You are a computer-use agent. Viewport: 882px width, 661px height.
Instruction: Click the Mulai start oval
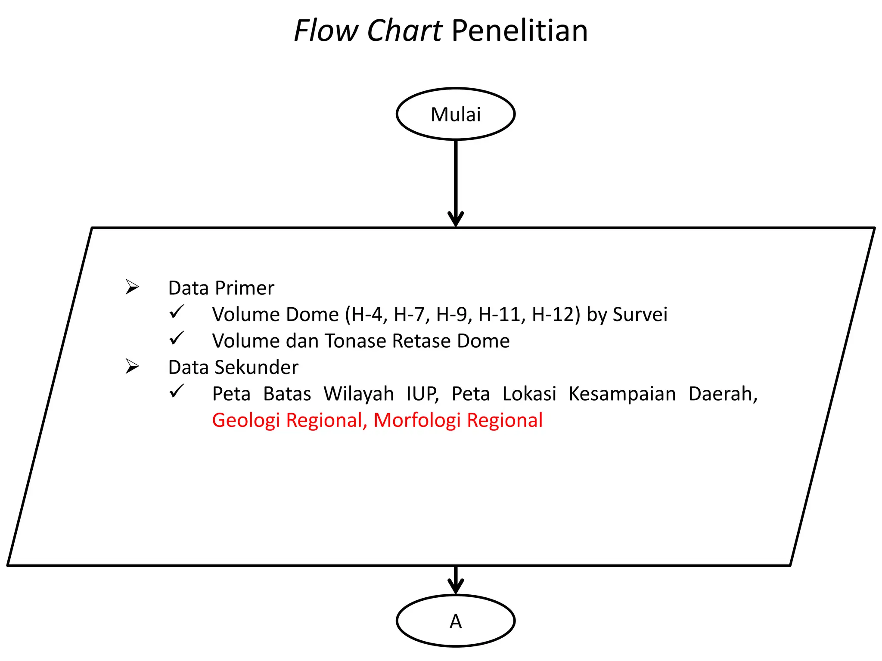[x=455, y=114]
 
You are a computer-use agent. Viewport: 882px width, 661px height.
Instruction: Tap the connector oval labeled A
[x=455, y=621]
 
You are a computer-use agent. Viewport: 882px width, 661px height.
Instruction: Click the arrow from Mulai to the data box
[x=456, y=181]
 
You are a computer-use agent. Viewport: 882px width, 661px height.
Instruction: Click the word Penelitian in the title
[x=519, y=31]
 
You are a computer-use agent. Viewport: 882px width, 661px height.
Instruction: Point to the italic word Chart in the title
[x=404, y=31]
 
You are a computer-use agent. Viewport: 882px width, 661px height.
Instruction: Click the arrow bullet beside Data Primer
[x=132, y=287]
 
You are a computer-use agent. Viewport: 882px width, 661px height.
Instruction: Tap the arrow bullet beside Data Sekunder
[x=132, y=366]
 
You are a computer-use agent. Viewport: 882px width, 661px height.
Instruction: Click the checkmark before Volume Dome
[x=177, y=312]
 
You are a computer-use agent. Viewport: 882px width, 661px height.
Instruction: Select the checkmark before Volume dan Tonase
[x=177, y=339]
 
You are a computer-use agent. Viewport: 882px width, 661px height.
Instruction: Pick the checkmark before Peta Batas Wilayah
[x=177, y=391]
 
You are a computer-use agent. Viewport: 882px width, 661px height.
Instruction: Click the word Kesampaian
[x=622, y=394]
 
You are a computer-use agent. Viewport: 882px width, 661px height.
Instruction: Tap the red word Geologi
[x=246, y=420]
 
